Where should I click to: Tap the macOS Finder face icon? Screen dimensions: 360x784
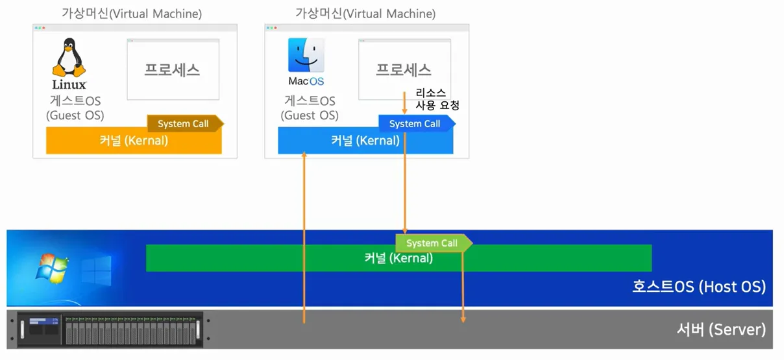click(306, 55)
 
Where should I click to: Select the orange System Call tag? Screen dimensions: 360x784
click(184, 124)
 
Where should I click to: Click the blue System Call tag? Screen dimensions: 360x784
click(415, 124)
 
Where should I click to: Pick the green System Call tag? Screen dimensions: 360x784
click(432, 243)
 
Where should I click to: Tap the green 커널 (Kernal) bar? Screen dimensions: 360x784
click(398, 259)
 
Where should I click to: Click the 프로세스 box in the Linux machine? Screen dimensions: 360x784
click(173, 70)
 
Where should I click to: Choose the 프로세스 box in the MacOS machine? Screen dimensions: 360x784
click(404, 70)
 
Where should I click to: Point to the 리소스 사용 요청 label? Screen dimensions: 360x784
click(437, 99)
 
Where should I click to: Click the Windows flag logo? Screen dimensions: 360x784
click(52, 268)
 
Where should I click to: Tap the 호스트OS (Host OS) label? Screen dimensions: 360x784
click(699, 287)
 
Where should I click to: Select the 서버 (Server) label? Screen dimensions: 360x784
click(720, 330)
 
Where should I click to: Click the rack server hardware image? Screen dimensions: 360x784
click(110, 330)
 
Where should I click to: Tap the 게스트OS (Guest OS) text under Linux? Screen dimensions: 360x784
click(75, 108)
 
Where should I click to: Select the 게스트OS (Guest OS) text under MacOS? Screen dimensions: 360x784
click(310, 108)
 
